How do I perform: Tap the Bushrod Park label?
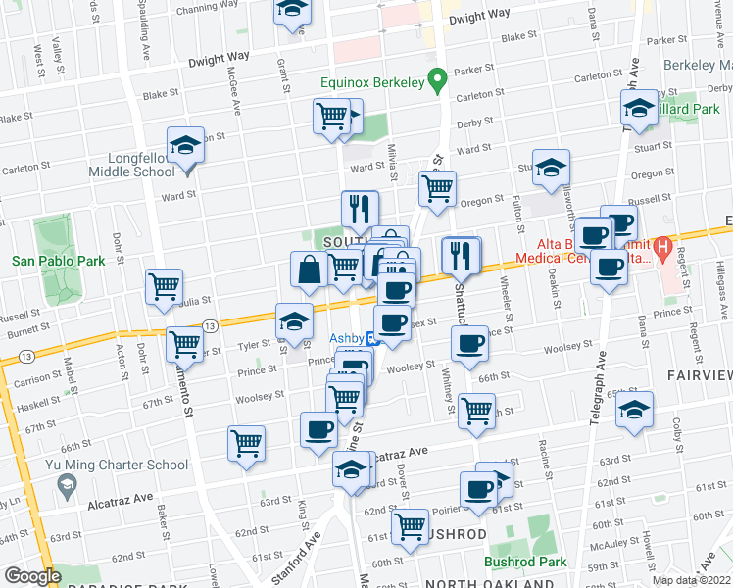point(525,563)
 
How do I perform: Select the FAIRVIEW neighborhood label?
point(700,375)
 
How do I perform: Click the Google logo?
point(31,576)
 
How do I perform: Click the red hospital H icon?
point(663,246)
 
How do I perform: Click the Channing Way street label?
point(203,10)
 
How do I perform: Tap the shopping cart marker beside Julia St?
point(164,286)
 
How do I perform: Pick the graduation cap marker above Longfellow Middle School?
point(183,146)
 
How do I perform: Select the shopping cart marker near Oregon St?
point(437,187)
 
